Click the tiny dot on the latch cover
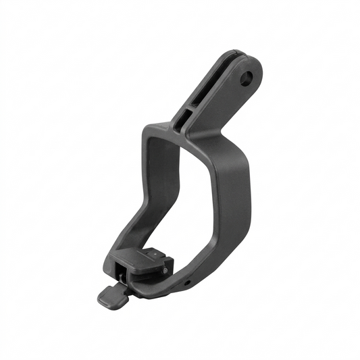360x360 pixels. (155, 255)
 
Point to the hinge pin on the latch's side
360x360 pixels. (164, 270)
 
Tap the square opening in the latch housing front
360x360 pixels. (121, 276)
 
